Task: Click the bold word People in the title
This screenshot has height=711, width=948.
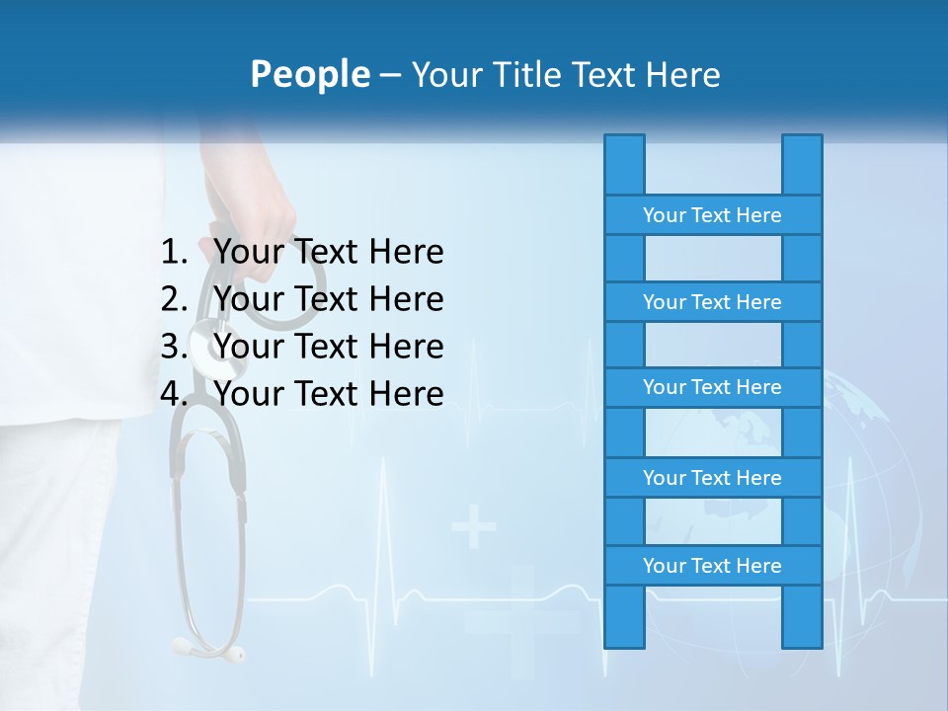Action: click(x=309, y=75)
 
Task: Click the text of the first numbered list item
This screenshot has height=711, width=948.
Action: click(x=328, y=252)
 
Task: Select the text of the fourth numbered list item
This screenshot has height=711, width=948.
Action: click(x=328, y=394)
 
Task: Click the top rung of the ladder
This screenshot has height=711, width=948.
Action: click(x=712, y=215)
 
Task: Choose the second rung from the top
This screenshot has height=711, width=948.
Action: click(x=712, y=302)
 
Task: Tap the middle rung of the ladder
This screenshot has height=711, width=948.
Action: click(x=712, y=387)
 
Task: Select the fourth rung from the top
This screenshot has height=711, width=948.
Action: click(x=712, y=478)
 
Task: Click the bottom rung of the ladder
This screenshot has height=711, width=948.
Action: click(x=712, y=566)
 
